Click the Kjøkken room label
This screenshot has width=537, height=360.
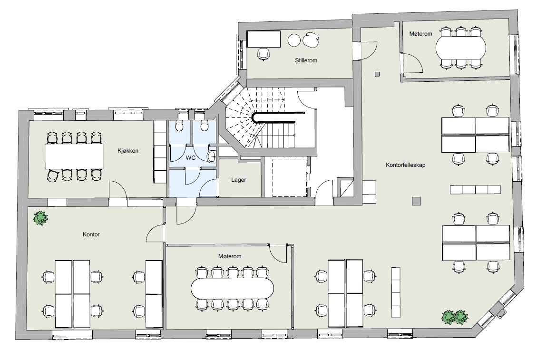[128, 151]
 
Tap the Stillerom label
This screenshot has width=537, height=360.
[306, 60]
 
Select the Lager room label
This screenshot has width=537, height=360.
[239, 180]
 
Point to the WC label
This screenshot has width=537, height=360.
[191, 158]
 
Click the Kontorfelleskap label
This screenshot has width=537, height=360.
[406, 165]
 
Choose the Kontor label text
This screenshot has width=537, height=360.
[91, 234]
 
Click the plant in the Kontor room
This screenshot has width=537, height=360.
[41, 218]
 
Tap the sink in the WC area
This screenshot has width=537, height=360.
[211, 156]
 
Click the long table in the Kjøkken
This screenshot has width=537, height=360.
[74, 156]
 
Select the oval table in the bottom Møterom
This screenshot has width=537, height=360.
[232, 288]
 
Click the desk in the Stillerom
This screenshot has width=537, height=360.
[264, 39]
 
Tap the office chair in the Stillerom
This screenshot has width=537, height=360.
[263, 54]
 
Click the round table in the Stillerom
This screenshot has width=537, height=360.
[294, 40]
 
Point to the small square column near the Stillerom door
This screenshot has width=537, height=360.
[377, 74]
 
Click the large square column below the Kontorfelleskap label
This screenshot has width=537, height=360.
[416, 201]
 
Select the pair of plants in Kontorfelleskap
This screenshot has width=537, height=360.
[455, 317]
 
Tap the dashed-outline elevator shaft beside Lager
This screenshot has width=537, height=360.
[289, 177]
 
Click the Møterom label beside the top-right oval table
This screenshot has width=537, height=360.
[420, 34]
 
